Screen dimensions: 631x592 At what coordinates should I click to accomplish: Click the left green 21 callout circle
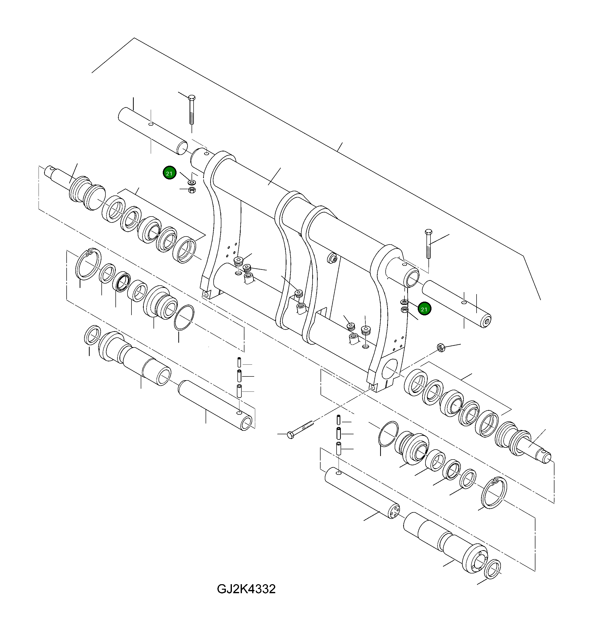tap(169, 173)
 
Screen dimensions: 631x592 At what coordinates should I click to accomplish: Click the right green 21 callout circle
tap(424, 309)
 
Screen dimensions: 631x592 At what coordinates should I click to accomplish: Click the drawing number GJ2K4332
tap(246, 589)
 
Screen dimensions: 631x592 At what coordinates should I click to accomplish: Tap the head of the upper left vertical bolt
tap(192, 97)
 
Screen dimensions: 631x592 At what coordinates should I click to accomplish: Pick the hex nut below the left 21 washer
tap(192, 190)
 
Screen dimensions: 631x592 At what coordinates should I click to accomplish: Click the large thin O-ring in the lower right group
tap(388, 434)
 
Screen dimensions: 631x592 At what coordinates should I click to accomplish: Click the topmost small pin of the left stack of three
tap(239, 362)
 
